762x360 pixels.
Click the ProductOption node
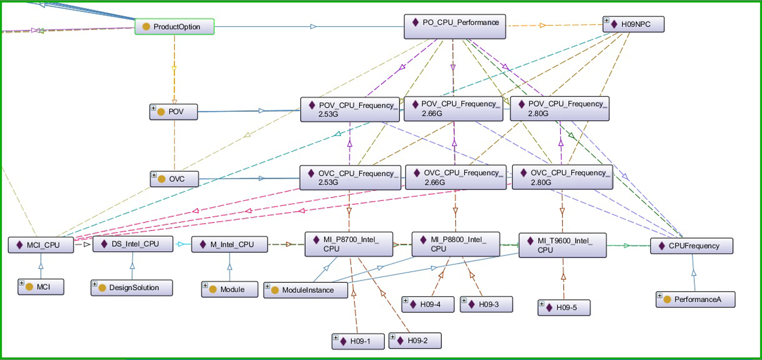pos(174,26)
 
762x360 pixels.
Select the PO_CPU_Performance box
pos(455,26)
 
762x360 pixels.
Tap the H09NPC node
pos(634,24)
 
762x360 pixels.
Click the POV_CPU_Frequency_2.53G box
pos(350,109)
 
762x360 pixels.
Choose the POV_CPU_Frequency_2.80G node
pos(559,108)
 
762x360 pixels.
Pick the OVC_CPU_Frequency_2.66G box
pos(456,177)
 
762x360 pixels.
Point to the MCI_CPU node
pos(41,245)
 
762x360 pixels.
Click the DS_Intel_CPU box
pos(133,244)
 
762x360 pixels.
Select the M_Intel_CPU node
pos(229,244)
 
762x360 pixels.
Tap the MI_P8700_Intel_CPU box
pos(349,244)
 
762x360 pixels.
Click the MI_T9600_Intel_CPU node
pos(563,245)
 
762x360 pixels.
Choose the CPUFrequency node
pos(692,246)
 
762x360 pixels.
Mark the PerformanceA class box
pos(695,299)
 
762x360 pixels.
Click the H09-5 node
pos(564,307)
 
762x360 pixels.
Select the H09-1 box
pos(358,341)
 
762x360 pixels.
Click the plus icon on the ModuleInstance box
pos(267,286)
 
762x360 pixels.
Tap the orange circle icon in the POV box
pos(161,112)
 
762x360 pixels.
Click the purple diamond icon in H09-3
pos(472,304)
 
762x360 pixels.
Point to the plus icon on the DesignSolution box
pos(95,284)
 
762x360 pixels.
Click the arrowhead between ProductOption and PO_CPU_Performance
pos(314,26)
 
